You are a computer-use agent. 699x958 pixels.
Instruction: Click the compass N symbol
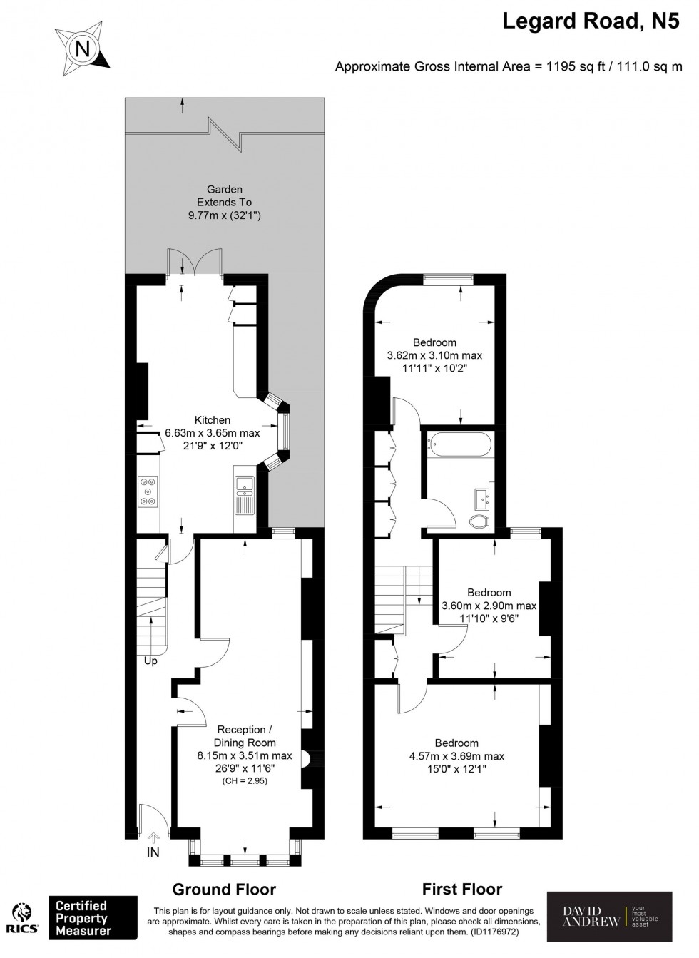83,49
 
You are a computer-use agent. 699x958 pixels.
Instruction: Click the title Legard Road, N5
591,21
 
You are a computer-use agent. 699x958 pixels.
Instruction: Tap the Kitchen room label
213,419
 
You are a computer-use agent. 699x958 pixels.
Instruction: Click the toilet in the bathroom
479,521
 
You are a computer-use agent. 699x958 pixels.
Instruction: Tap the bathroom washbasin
484,499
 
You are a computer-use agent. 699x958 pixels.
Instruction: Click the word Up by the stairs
150,661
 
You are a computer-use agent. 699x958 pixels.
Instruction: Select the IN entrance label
153,852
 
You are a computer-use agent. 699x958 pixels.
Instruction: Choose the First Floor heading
462,889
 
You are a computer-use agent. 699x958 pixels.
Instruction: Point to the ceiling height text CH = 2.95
245,780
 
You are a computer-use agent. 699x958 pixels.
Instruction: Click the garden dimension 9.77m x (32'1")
225,215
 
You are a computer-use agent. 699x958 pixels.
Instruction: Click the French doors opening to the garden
195,262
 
